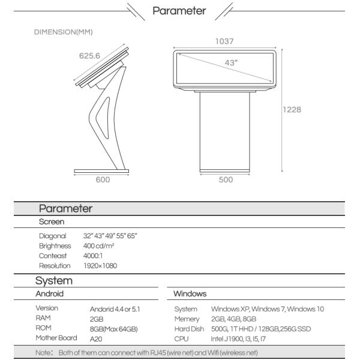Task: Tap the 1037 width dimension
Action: pos(225,41)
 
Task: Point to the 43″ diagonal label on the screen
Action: pos(231,62)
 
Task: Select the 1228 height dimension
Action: pos(292,110)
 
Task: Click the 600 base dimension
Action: pos(103,180)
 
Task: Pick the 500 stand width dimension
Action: pos(225,180)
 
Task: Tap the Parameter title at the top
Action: pos(180,10)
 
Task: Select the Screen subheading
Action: pos(52,221)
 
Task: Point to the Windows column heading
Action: pos(190,294)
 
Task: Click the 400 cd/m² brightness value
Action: pos(99,246)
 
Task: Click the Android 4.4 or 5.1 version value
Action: pos(115,309)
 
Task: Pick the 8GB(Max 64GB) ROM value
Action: pos(113,328)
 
